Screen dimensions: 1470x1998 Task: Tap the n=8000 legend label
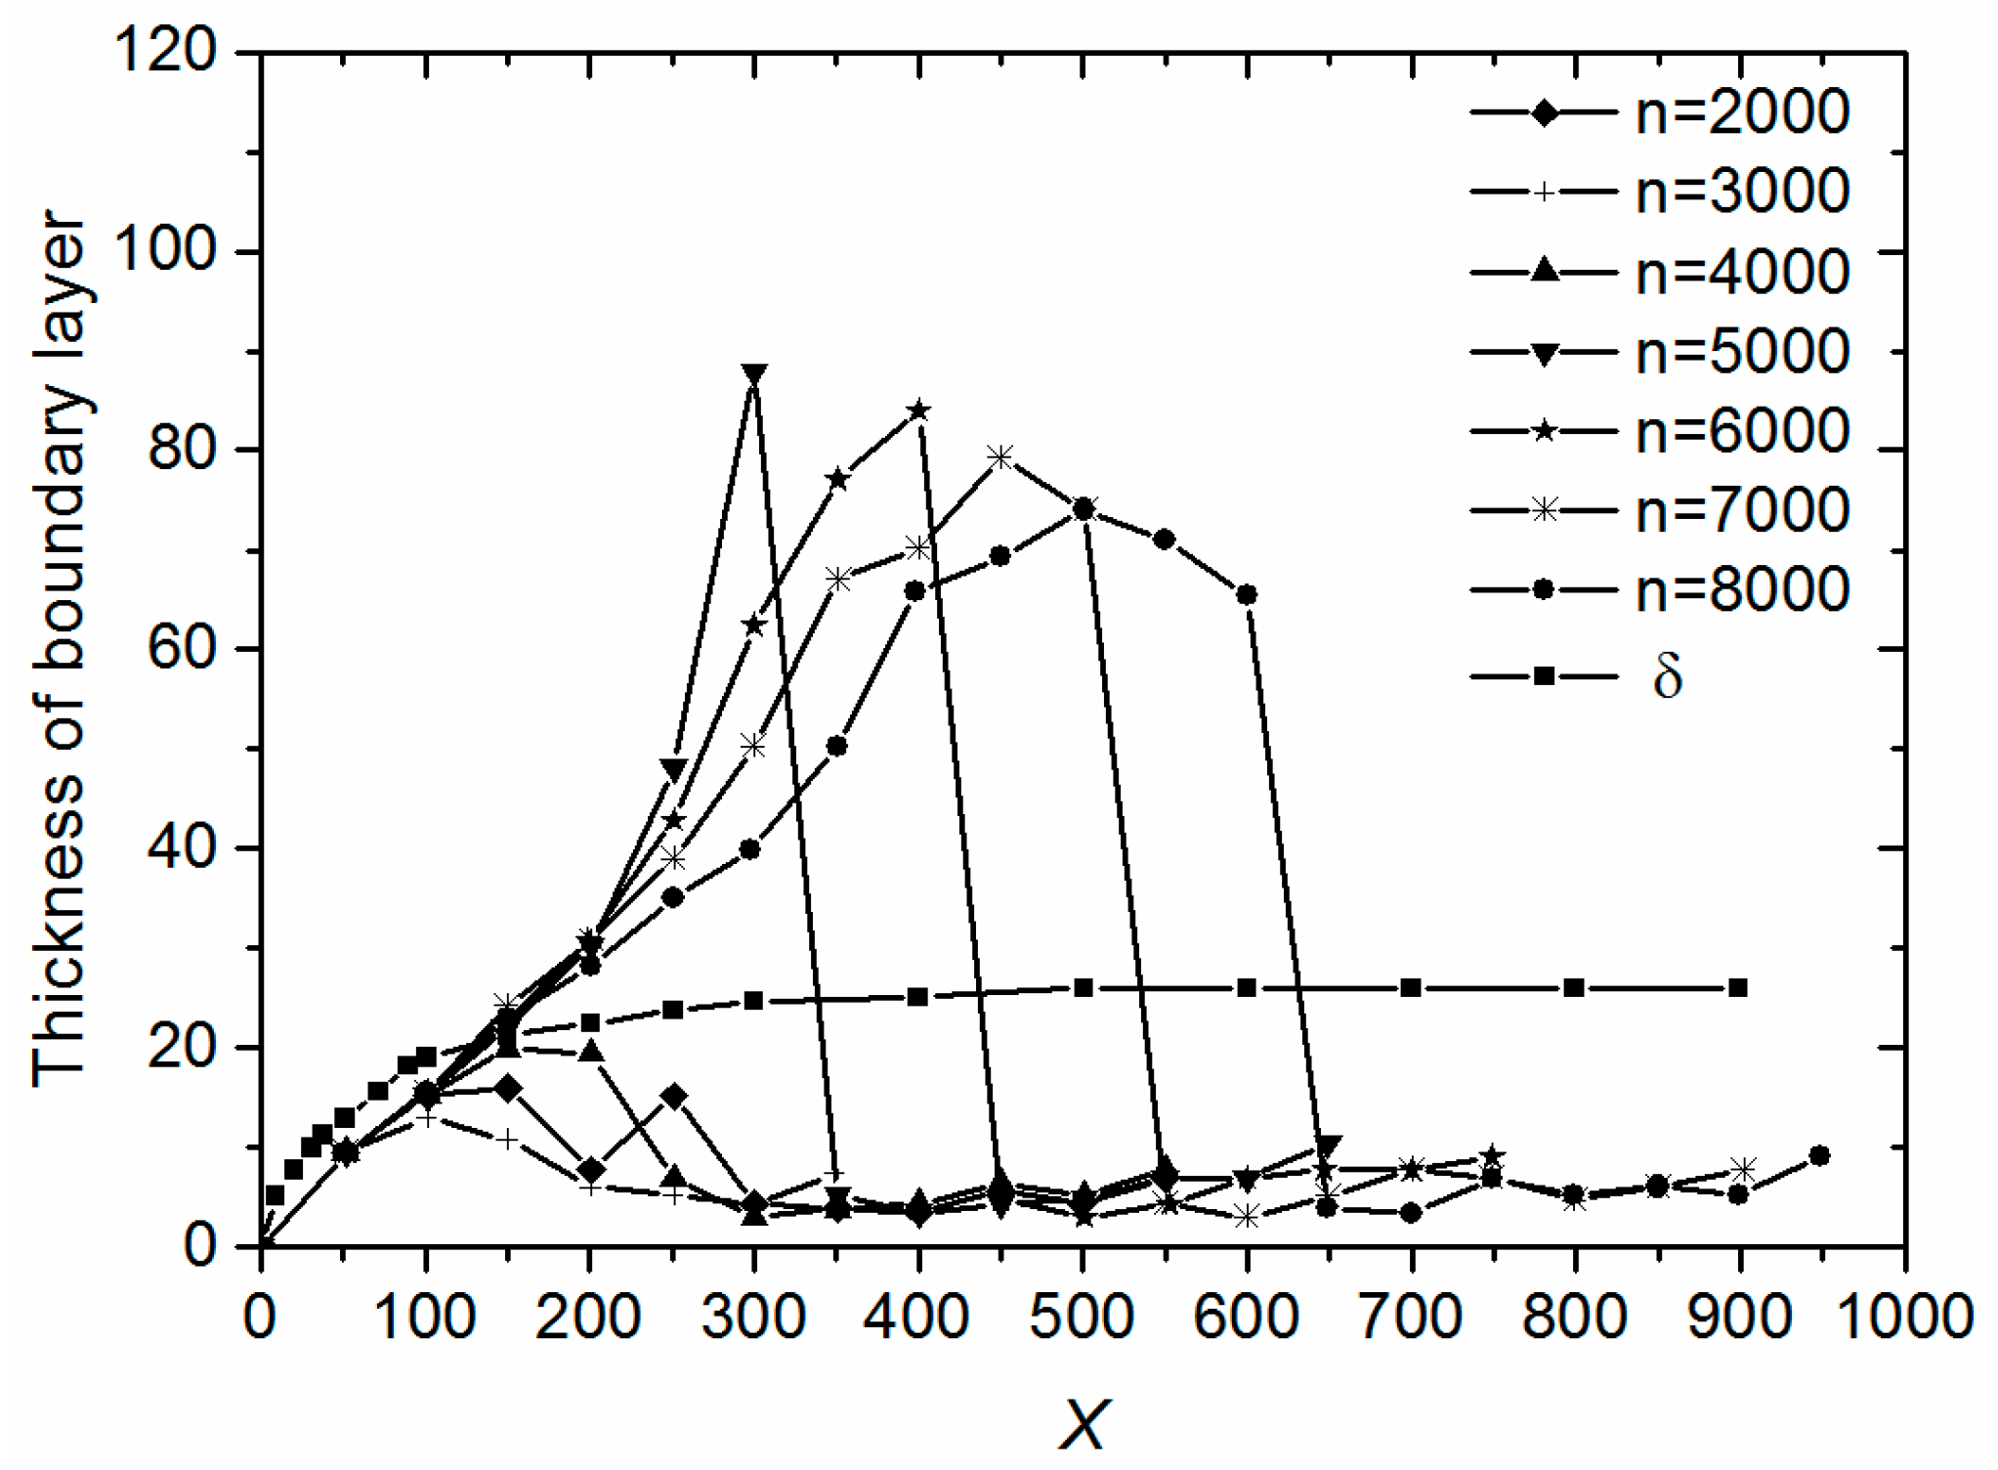click(1741, 589)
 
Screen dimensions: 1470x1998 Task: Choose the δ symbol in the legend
click(1667, 676)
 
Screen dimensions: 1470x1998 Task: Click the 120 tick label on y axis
click(164, 51)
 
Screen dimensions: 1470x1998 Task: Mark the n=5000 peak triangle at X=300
click(753, 374)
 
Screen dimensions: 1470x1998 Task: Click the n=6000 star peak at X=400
click(917, 410)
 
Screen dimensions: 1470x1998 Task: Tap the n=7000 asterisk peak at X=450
click(999, 456)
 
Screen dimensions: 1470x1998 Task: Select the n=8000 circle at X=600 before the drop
click(1247, 594)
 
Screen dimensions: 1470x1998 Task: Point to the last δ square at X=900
click(1738, 988)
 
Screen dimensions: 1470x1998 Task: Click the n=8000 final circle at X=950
click(1819, 1155)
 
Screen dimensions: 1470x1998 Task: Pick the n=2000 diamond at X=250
click(673, 1096)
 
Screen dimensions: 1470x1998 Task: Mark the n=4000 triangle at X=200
click(590, 1052)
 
